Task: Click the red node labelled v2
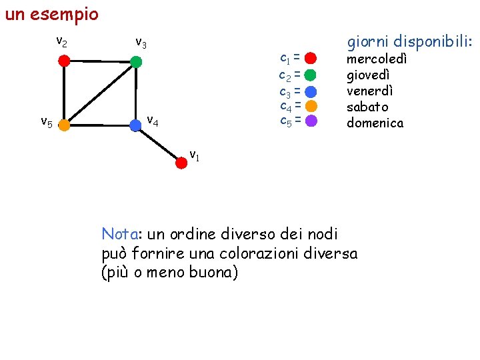point(63,61)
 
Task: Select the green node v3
point(136,62)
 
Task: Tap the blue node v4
point(136,124)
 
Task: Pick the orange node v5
point(63,124)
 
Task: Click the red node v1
point(181,161)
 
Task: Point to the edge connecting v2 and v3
point(100,61)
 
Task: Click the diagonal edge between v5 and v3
point(100,93)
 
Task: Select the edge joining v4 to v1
point(159,143)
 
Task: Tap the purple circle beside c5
point(311,121)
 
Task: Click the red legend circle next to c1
point(311,59)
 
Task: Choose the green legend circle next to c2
point(311,75)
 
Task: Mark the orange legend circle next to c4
point(311,106)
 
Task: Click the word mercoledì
point(377,59)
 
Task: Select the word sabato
point(367,107)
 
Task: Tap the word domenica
point(375,123)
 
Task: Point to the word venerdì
point(370,91)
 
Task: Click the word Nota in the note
point(119,234)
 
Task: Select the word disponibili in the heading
point(433,42)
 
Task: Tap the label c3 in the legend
point(285,91)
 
